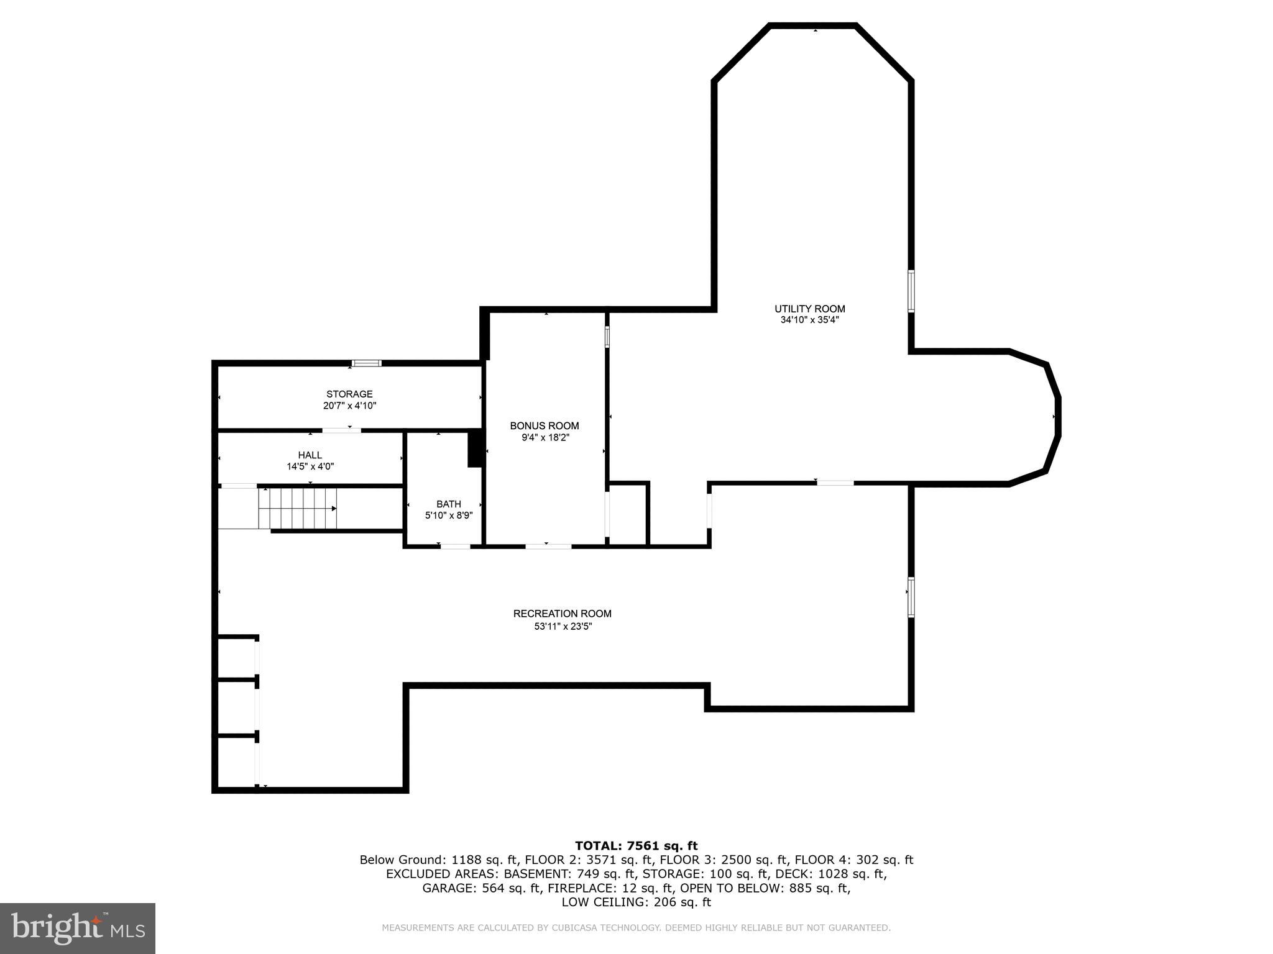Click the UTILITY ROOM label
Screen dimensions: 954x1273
[809, 309]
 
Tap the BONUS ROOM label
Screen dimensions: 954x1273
[544, 425]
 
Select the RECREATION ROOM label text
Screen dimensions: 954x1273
[562, 614]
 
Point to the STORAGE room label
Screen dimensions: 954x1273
[349, 394]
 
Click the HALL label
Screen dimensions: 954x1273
[310, 455]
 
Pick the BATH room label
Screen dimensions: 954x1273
[448, 504]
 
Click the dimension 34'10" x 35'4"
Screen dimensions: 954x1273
[809, 320]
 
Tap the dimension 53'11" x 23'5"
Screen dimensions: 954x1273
[563, 627]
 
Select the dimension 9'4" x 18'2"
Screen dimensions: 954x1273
[545, 437]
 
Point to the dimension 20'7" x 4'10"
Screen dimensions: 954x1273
[349, 406]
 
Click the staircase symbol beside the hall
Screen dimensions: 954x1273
[298, 508]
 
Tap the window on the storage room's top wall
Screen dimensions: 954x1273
[367, 363]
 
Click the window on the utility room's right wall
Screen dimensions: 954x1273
[911, 291]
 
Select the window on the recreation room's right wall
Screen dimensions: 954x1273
[911, 597]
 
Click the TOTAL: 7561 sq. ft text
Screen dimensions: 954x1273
[636, 845]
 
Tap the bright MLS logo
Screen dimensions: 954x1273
[78, 929]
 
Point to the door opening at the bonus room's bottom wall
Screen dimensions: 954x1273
[548, 547]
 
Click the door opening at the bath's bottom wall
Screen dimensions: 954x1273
[455, 547]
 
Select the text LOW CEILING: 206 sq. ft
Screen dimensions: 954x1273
[636, 902]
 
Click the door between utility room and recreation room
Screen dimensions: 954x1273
[835, 483]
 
